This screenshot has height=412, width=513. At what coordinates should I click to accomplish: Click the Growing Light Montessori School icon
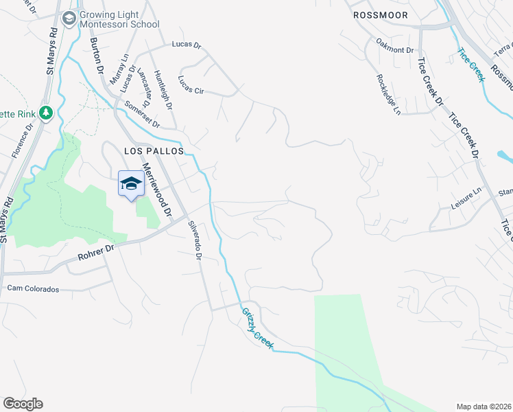coord(69,19)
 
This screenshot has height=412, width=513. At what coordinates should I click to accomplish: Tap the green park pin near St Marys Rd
coord(46,112)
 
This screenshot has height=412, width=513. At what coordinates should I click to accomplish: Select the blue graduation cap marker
coord(131,183)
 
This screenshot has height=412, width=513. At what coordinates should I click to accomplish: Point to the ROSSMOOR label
coord(380,15)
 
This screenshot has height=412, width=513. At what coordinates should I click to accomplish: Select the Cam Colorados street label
coord(34,289)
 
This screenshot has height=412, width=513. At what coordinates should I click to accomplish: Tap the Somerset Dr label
coord(142,115)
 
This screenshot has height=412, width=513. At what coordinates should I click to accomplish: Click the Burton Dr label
coord(97,56)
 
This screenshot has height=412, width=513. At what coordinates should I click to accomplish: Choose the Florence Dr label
coord(23,141)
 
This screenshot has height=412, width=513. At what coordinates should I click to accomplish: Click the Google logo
coord(23,403)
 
